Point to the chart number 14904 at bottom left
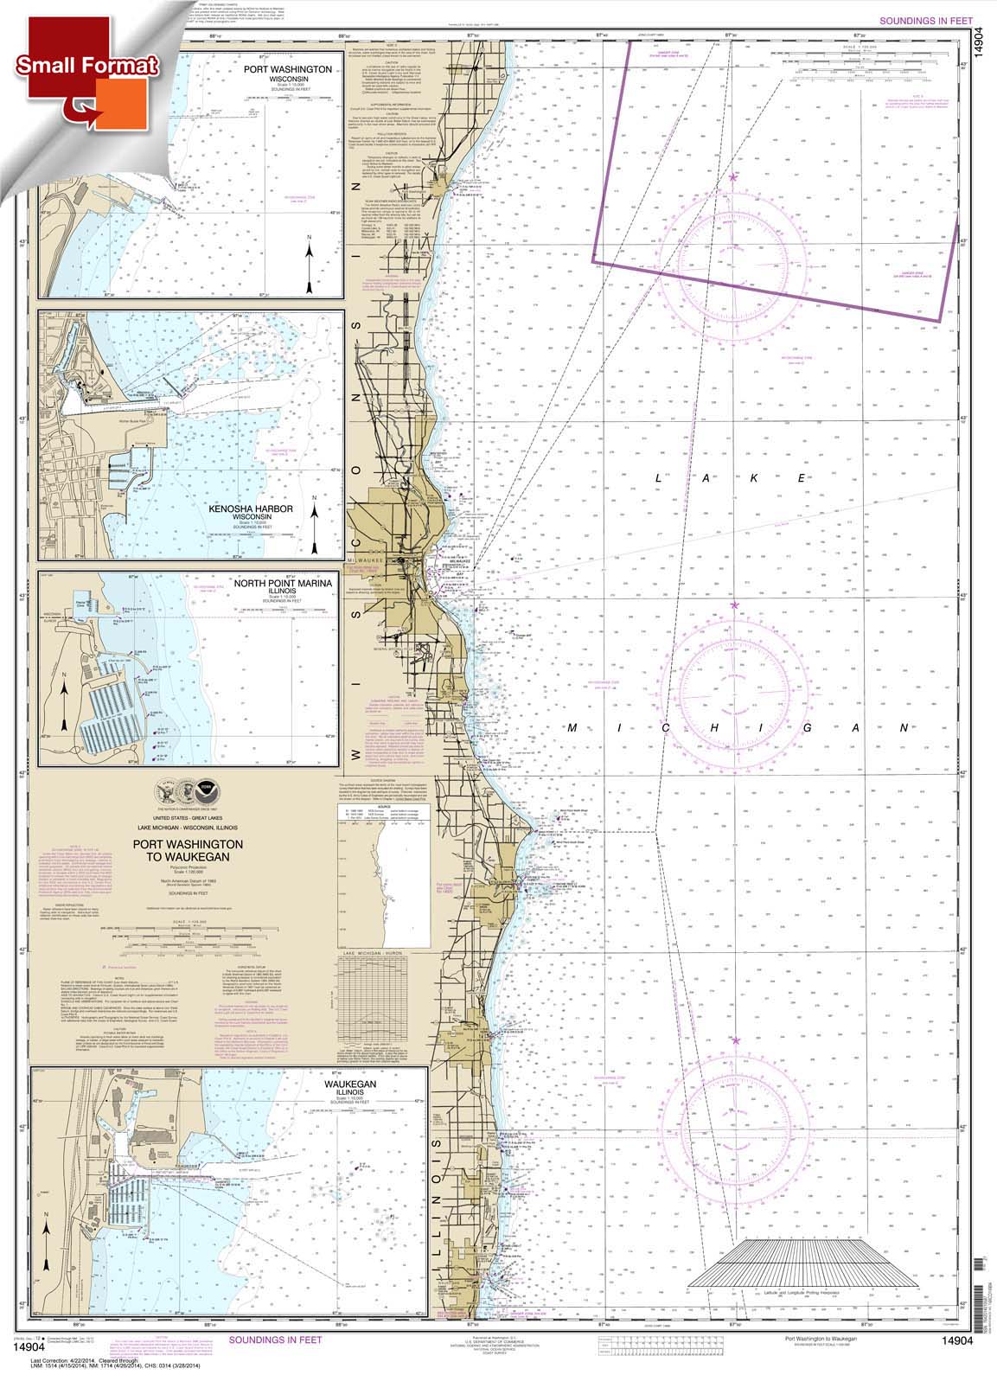(24, 1345)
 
